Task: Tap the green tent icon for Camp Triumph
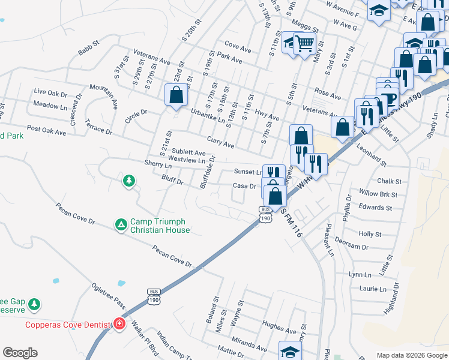click(121, 224)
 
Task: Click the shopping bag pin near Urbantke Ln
click(176, 95)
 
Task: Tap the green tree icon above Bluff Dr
click(128, 180)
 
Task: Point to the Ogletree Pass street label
click(107, 296)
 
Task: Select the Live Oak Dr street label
click(50, 92)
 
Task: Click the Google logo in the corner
click(20, 353)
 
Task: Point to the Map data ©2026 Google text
click(411, 355)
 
